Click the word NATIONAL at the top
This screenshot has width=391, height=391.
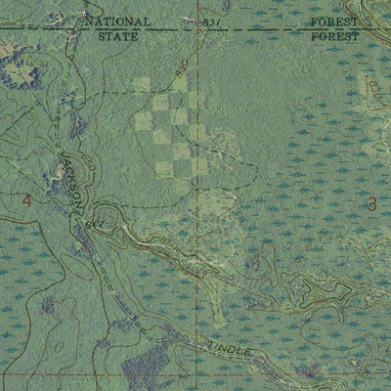coord(117,21)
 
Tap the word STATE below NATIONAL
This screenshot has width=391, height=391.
coord(118,35)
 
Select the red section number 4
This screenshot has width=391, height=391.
coord(26,201)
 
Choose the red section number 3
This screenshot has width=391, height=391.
coord(370,203)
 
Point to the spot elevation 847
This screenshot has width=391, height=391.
coord(94,225)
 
